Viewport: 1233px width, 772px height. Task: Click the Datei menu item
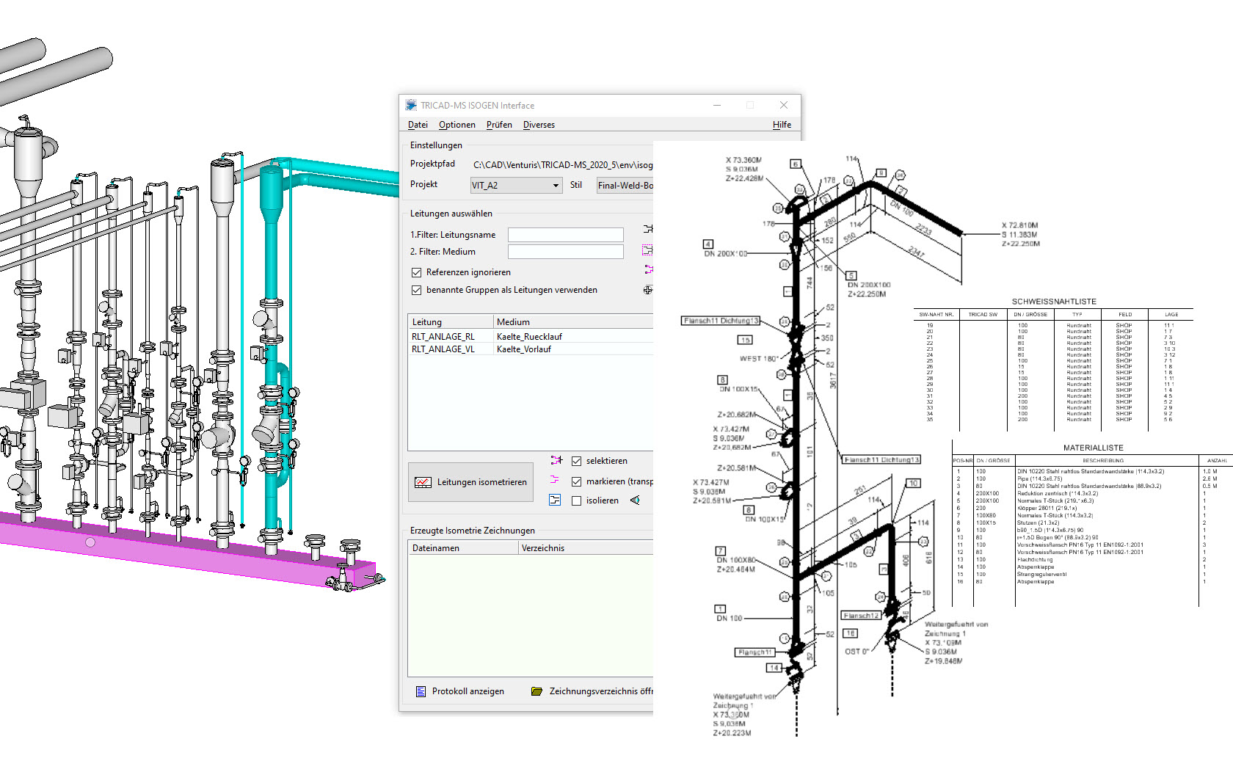418,125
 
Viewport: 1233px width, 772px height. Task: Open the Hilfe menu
782,125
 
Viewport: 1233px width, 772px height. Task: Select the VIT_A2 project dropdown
516,186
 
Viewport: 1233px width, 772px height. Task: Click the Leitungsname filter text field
565,235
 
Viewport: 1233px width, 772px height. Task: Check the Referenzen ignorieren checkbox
417,272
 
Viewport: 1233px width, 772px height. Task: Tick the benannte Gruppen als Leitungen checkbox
417,290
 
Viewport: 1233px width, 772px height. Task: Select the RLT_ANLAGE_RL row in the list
443,337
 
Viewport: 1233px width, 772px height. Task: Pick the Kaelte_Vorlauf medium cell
524,349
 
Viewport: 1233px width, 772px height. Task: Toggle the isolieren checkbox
577,500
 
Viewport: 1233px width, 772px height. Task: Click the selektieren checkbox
577,461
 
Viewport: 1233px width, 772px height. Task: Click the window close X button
783,106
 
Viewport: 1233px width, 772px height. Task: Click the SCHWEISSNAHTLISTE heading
1054,302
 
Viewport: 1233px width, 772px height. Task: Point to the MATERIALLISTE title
1093,448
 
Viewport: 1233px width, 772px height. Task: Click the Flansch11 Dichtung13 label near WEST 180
720,321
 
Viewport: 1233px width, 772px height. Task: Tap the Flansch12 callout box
861,616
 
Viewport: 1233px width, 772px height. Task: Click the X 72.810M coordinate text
1020,225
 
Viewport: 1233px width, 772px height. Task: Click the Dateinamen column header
436,548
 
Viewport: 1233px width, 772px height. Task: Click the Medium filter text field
565,252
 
